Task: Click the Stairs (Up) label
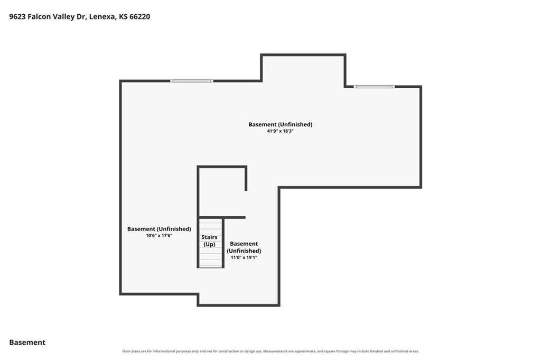point(209,241)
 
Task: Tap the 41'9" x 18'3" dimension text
point(280,131)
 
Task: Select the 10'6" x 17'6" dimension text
point(159,236)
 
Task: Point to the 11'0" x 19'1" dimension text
point(244,257)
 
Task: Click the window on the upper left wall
point(192,81)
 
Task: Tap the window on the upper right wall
point(374,87)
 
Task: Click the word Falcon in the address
point(39,16)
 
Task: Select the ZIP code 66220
point(139,16)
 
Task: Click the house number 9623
point(17,16)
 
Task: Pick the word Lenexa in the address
point(102,16)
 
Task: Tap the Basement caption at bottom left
point(27,343)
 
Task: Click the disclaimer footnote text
point(270,352)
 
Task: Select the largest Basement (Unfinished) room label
point(280,124)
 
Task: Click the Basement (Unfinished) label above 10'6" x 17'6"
point(159,229)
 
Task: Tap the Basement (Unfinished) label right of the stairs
point(244,247)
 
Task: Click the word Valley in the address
point(64,16)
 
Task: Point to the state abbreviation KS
point(123,16)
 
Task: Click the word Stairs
point(209,237)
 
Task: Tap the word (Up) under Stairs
point(209,244)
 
